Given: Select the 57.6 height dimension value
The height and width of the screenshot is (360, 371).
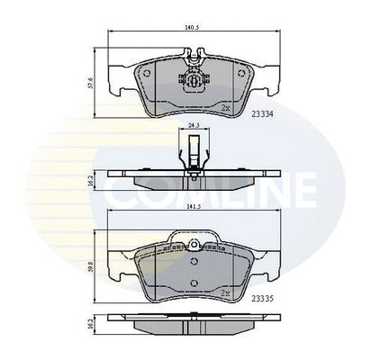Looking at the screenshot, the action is [x=92, y=83].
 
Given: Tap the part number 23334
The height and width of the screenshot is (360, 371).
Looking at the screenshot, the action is [x=263, y=114].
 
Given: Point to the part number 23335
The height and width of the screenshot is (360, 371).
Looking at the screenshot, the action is [x=263, y=299].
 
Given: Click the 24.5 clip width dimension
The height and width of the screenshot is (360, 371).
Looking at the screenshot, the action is [x=194, y=125].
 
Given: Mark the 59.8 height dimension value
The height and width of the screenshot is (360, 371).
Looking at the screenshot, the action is [x=92, y=265].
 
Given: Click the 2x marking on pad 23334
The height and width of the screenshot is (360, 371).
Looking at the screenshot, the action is [x=225, y=108].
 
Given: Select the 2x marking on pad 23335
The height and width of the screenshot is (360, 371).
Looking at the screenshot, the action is [x=225, y=292].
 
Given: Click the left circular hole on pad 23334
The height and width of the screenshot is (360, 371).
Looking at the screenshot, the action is [x=147, y=73].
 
